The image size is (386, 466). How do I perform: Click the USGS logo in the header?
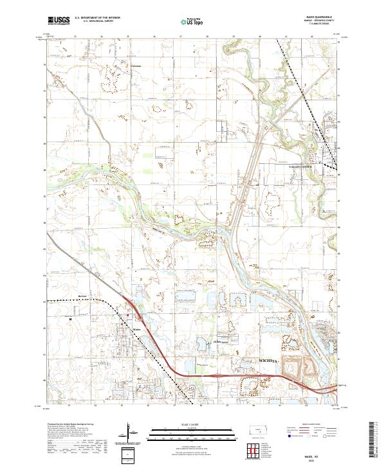59,21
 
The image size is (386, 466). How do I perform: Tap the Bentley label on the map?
100,296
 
